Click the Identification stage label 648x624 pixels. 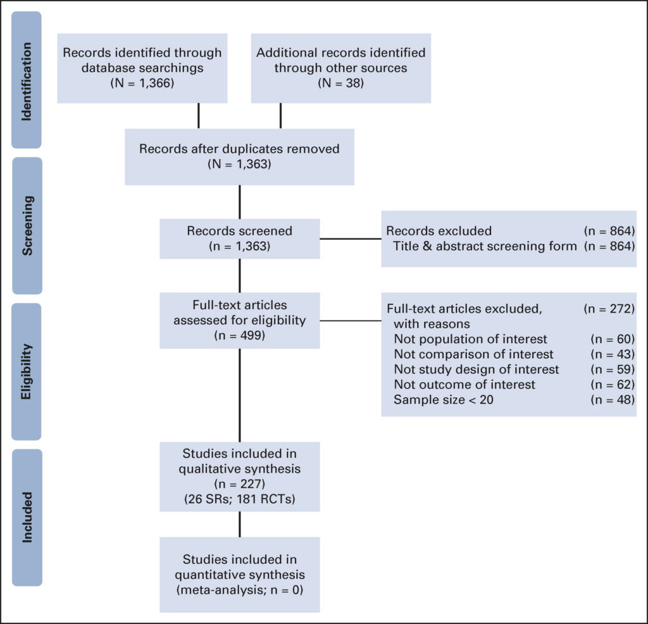27,80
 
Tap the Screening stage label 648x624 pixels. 27,225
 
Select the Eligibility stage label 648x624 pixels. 27,371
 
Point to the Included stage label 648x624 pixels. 27,517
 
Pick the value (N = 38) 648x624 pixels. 340,83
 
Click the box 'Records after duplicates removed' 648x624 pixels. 239,156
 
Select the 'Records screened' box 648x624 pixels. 239,238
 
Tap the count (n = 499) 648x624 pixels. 239,335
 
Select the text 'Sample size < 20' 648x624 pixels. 437,399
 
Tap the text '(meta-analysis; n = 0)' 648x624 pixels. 239,590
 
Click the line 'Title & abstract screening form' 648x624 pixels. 485,246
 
